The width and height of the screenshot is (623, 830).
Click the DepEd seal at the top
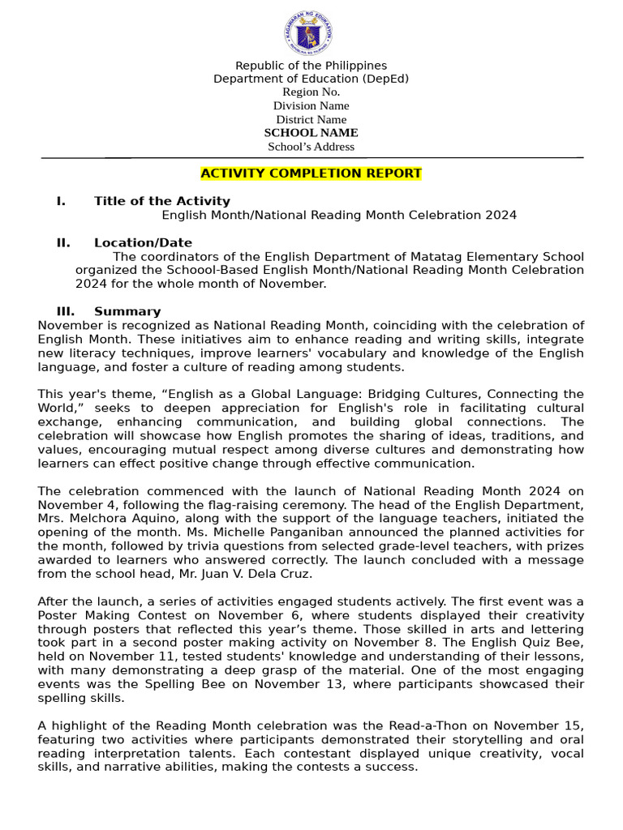point(308,33)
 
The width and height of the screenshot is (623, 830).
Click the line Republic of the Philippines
point(311,65)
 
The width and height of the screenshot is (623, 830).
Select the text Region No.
point(311,92)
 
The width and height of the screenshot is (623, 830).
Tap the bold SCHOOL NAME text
point(311,132)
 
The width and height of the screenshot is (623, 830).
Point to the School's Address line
point(311,147)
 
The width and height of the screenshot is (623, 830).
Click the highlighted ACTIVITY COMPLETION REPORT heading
point(311,173)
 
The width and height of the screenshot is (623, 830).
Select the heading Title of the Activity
point(161,201)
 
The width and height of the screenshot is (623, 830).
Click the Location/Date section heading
point(143,242)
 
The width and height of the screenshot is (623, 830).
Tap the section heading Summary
point(127,311)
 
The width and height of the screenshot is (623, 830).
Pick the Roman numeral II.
point(63,242)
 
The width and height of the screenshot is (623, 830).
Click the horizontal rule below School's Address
point(311,157)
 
